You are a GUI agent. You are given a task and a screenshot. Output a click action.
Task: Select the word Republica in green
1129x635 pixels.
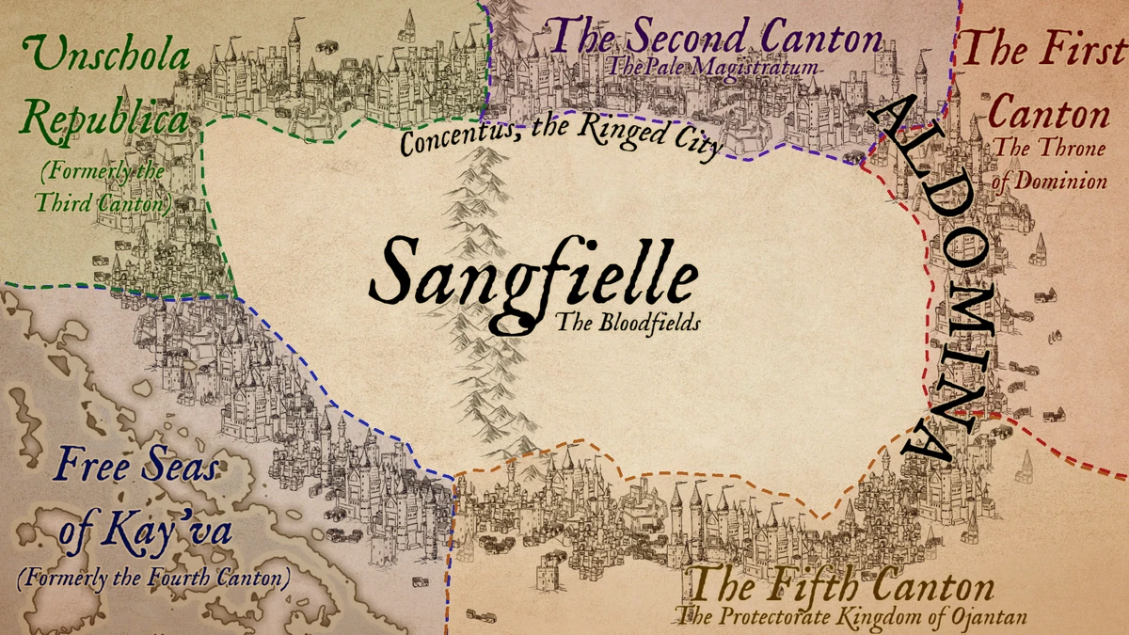click(x=104, y=120)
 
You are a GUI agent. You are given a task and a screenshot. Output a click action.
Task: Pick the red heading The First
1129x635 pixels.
click(x=1043, y=47)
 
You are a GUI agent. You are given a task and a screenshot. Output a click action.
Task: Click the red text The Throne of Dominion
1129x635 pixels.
click(x=1050, y=164)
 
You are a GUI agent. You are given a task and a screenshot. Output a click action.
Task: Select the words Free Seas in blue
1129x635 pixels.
click(x=135, y=466)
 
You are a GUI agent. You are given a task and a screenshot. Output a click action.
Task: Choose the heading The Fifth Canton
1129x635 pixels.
click(x=841, y=588)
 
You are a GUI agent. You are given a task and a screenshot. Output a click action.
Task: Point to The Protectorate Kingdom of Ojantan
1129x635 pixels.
click(x=851, y=617)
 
